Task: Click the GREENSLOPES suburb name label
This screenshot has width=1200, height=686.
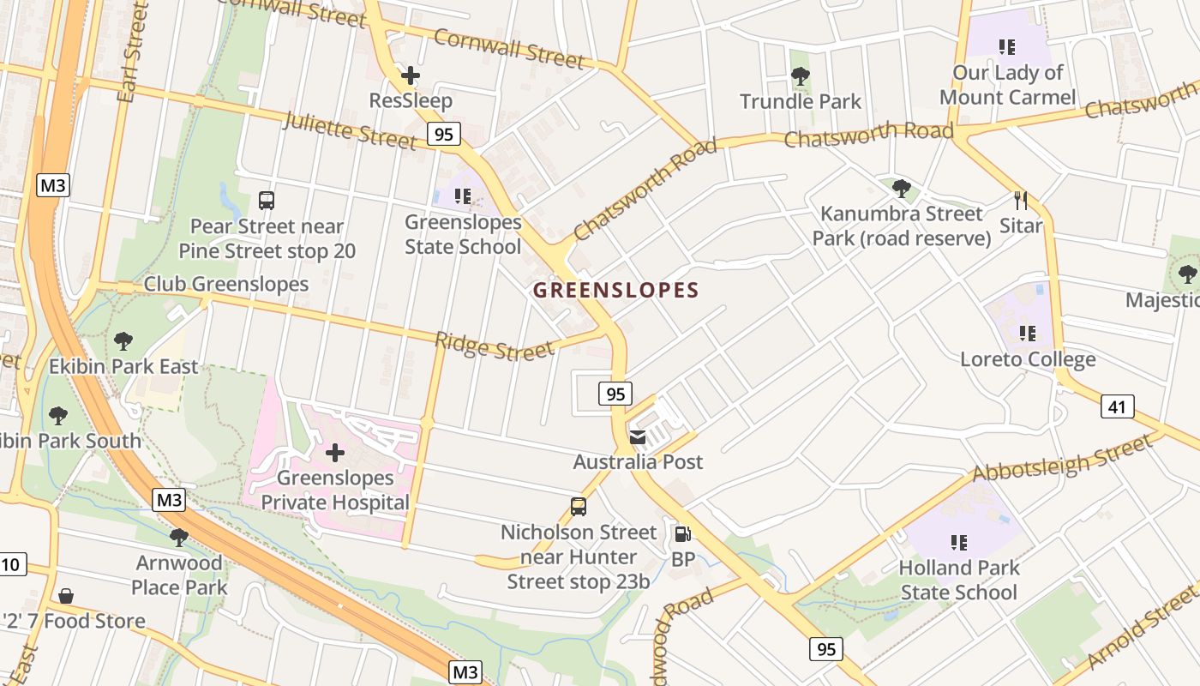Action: (615, 290)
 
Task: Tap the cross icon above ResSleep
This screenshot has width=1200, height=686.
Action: (411, 75)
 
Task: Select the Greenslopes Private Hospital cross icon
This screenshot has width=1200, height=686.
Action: (335, 452)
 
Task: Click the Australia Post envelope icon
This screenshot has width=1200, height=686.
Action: (638, 437)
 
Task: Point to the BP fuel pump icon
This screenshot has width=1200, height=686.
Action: (682, 534)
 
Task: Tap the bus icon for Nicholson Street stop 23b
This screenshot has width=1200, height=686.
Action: (579, 507)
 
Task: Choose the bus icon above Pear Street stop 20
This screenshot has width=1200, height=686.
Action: (267, 201)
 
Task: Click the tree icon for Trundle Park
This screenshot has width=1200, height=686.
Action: (801, 76)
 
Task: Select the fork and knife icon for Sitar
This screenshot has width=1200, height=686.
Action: (1020, 201)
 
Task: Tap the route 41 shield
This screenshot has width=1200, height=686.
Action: (1117, 406)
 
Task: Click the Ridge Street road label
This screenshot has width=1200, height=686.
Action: (494, 346)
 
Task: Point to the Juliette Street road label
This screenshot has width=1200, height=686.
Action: (350, 130)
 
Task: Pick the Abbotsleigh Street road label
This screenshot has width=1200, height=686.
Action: (1062, 458)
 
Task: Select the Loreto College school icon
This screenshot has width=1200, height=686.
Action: (1027, 333)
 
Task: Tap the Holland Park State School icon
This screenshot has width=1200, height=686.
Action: (958, 542)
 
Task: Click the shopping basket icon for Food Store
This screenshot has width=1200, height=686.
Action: (66, 595)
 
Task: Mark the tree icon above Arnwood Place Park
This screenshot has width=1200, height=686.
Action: (178, 538)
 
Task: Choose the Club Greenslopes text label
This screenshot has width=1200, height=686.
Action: (225, 284)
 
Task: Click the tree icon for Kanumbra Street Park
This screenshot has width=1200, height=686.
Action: (901, 188)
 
